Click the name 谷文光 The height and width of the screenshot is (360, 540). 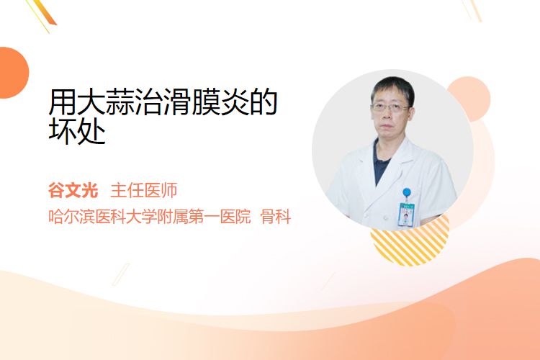[x=73, y=190]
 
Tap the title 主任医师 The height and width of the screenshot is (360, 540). [x=143, y=190]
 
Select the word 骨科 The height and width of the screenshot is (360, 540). [x=276, y=216]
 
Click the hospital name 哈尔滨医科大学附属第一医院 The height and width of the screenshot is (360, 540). [x=150, y=216]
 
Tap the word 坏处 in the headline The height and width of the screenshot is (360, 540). [x=77, y=131]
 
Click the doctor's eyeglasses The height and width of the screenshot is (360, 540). [x=390, y=108]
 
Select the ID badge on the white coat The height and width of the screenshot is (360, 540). [x=406, y=215]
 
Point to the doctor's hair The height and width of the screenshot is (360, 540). [x=393, y=88]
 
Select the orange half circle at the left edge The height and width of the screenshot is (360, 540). [x=13, y=73]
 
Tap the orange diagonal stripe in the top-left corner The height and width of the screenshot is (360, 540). [x=46, y=13]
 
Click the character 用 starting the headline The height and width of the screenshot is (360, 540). [x=63, y=102]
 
